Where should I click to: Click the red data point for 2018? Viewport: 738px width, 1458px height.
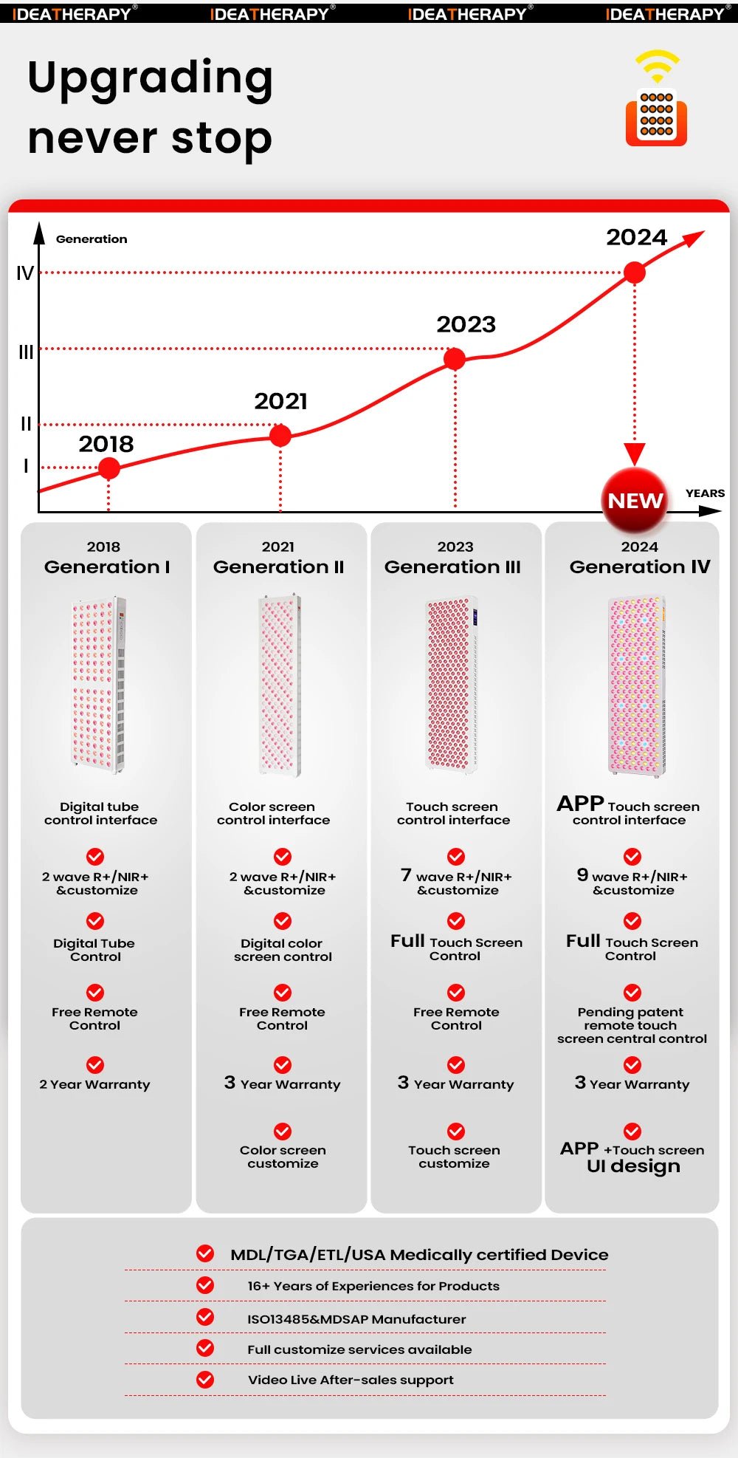108,468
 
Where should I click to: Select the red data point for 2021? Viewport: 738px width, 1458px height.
280,435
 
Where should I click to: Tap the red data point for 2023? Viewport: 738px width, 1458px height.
455,359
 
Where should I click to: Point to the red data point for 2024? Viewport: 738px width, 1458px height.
635,273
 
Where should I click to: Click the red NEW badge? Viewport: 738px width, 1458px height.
635,501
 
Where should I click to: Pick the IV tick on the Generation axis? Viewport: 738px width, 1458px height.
25,273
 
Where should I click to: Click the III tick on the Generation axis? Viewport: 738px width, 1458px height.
26,352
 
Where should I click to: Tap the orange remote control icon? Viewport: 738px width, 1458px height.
656,117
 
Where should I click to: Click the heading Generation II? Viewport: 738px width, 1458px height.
278,567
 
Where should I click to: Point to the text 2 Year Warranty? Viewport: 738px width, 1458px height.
94,1084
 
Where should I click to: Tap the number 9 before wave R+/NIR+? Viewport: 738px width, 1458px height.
582,875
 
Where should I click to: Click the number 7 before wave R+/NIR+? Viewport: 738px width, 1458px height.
406,875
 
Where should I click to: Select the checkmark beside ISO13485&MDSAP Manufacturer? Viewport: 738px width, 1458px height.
205,1317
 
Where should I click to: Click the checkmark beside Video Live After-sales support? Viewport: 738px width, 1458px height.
205,1379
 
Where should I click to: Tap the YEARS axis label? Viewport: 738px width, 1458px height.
705,493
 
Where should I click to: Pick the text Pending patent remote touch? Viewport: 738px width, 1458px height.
630,1019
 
